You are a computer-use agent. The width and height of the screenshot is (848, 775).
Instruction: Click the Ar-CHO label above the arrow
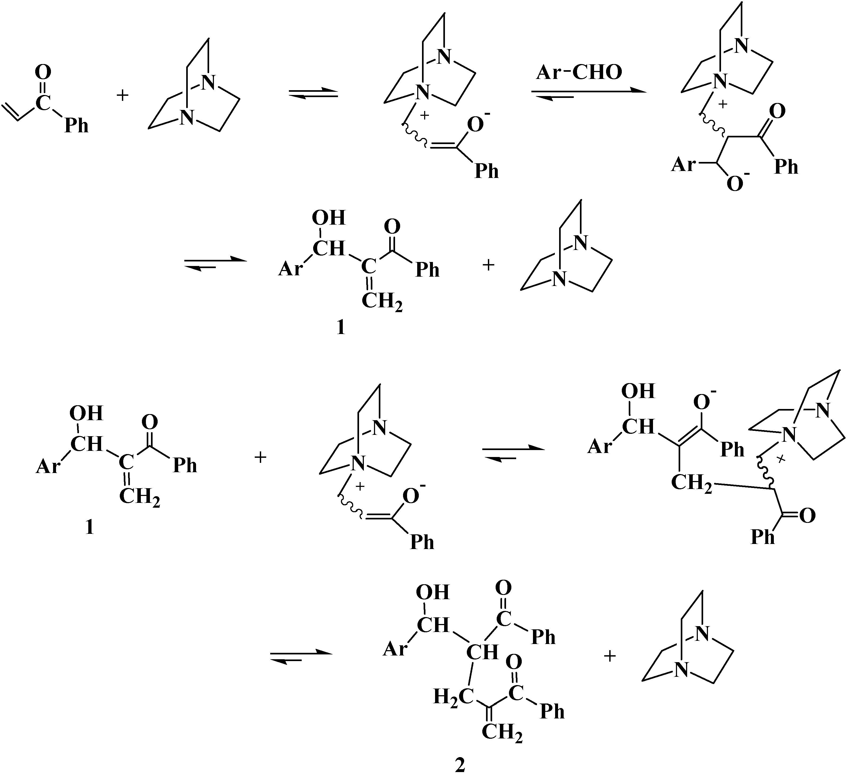579,73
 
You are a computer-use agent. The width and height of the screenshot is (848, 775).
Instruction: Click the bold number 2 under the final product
460,765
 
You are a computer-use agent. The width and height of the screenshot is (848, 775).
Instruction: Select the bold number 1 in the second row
341,327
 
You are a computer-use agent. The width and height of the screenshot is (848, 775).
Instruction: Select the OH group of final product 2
433,593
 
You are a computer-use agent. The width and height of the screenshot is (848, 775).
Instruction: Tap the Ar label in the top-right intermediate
683,165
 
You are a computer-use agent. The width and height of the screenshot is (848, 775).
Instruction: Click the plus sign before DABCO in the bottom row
610,656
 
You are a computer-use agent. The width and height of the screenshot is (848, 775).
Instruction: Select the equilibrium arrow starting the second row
215,263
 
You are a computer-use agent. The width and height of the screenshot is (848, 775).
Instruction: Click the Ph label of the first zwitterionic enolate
486,171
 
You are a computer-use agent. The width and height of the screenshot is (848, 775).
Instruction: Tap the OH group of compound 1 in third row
86,414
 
